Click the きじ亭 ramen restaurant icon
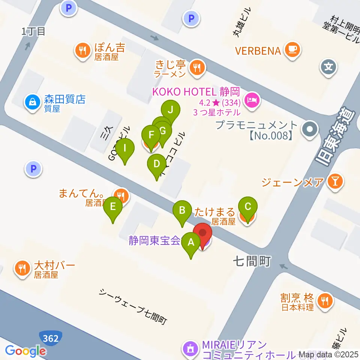pos(196,68)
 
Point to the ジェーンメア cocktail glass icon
pos(334,182)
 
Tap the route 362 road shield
pos(50,339)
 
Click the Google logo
pos(25,351)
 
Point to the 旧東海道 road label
pos(336,137)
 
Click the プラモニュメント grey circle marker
pos(310,130)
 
